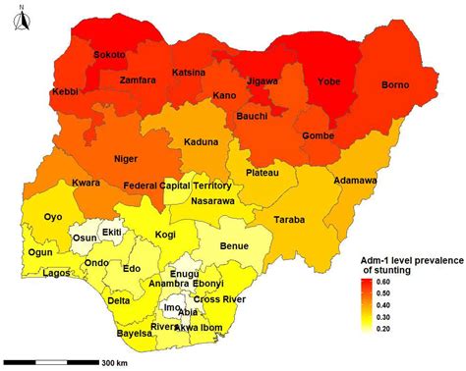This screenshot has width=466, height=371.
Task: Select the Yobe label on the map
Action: (x=323, y=82)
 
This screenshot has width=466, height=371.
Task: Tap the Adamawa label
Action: (x=356, y=182)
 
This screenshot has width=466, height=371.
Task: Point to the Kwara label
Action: (x=88, y=183)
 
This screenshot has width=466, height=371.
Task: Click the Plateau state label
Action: (x=260, y=173)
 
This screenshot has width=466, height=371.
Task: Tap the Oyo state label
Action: (x=54, y=218)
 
